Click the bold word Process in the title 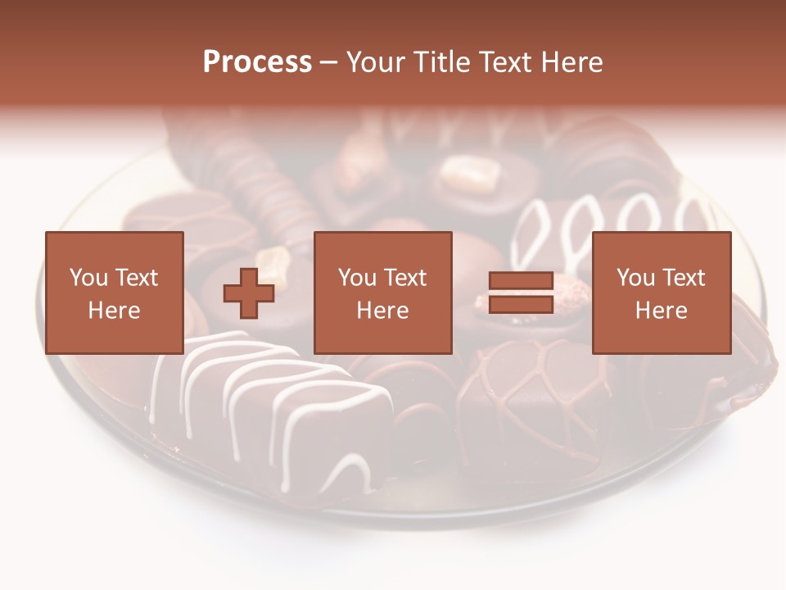[257, 62]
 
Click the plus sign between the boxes [249, 293]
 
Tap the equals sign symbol [521, 293]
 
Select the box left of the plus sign [114, 293]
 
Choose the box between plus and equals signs [382, 293]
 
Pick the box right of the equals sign [661, 293]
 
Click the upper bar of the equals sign [521, 282]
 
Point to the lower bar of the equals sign [521, 305]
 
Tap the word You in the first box [88, 278]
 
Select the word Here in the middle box [382, 311]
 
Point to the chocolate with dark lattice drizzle [524, 402]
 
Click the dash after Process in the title [329, 62]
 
